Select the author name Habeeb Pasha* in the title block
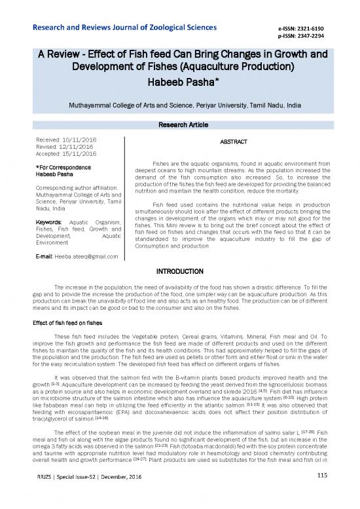coord(180,83)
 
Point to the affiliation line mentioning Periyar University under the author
coord(180,105)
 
